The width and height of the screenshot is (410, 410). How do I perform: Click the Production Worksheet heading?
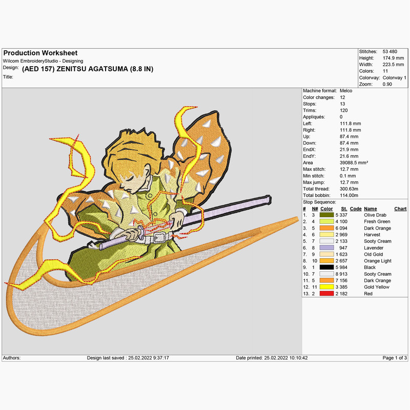(x=40, y=53)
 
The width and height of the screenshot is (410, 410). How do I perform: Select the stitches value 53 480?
(x=389, y=52)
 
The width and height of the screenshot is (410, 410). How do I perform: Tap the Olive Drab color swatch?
(x=326, y=215)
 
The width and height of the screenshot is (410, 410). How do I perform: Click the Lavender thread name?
(x=374, y=248)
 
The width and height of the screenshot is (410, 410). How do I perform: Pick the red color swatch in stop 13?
(x=326, y=294)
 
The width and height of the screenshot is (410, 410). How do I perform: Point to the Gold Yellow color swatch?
(x=326, y=287)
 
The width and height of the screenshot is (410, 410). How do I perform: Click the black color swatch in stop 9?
(x=326, y=267)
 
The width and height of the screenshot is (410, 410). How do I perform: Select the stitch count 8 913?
(x=341, y=274)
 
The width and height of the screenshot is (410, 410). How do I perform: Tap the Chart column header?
(x=400, y=209)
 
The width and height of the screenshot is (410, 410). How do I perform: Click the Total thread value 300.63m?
(x=349, y=189)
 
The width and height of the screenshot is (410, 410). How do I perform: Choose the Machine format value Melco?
(x=345, y=91)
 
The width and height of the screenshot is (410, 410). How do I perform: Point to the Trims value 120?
(x=343, y=110)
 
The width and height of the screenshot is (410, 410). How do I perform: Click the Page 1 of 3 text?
(x=395, y=358)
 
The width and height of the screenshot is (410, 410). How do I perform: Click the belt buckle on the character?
(x=159, y=237)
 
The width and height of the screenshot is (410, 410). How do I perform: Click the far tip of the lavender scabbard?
(x=270, y=199)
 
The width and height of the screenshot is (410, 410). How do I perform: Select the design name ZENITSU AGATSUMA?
(x=92, y=69)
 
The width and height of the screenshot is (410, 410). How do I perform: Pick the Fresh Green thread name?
(x=377, y=221)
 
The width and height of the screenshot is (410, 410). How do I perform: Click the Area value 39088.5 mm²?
(x=354, y=162)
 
